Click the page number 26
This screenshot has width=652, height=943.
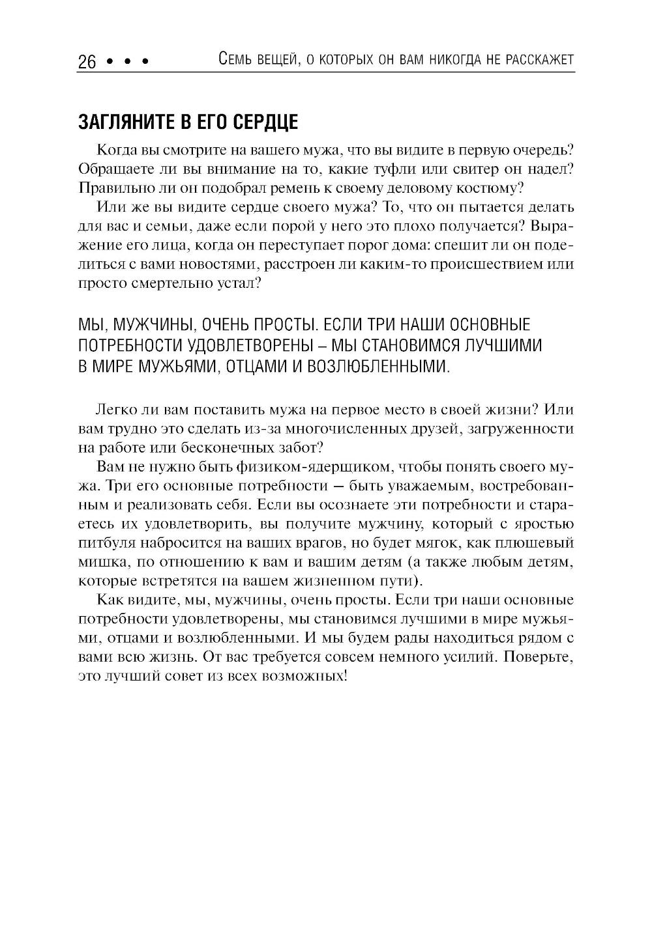pos(87,62)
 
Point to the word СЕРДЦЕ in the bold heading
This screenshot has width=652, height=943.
pos(264,122)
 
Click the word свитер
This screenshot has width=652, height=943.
pos(471,169)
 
